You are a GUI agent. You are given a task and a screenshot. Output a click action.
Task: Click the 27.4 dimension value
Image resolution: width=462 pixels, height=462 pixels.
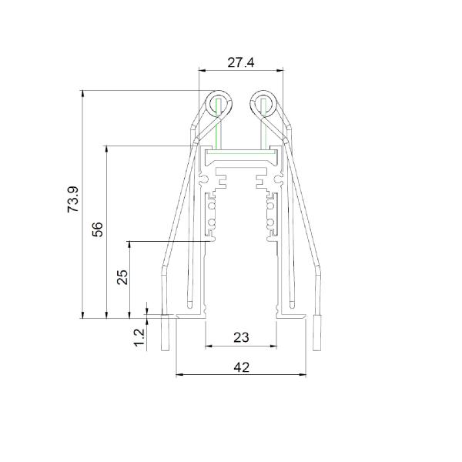click(x=241, y=62)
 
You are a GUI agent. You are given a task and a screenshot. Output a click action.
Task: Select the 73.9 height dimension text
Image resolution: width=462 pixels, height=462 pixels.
click(x=73, y=199)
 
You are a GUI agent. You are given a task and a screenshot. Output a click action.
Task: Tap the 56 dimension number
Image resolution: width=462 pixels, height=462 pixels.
click(x=98, y=229)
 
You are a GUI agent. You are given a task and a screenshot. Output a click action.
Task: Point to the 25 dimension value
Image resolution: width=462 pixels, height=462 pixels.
click(x=122, y=277)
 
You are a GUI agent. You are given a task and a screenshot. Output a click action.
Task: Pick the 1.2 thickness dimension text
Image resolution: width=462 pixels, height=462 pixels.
click(x=139, y=337)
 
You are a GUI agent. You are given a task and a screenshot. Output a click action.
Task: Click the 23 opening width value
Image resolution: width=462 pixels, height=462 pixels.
click(x=241, y=337)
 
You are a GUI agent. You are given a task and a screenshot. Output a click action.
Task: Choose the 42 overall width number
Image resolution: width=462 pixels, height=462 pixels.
click(x=241, y=367)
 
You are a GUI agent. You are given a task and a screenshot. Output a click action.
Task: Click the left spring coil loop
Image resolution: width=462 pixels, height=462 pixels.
click(x=219, y=104)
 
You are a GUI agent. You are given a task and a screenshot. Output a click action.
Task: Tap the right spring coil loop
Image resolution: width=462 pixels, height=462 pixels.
click(x=263, y=104)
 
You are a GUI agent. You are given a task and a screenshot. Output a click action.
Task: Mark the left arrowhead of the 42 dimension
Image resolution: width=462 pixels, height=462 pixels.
click(x=179, y=375)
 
